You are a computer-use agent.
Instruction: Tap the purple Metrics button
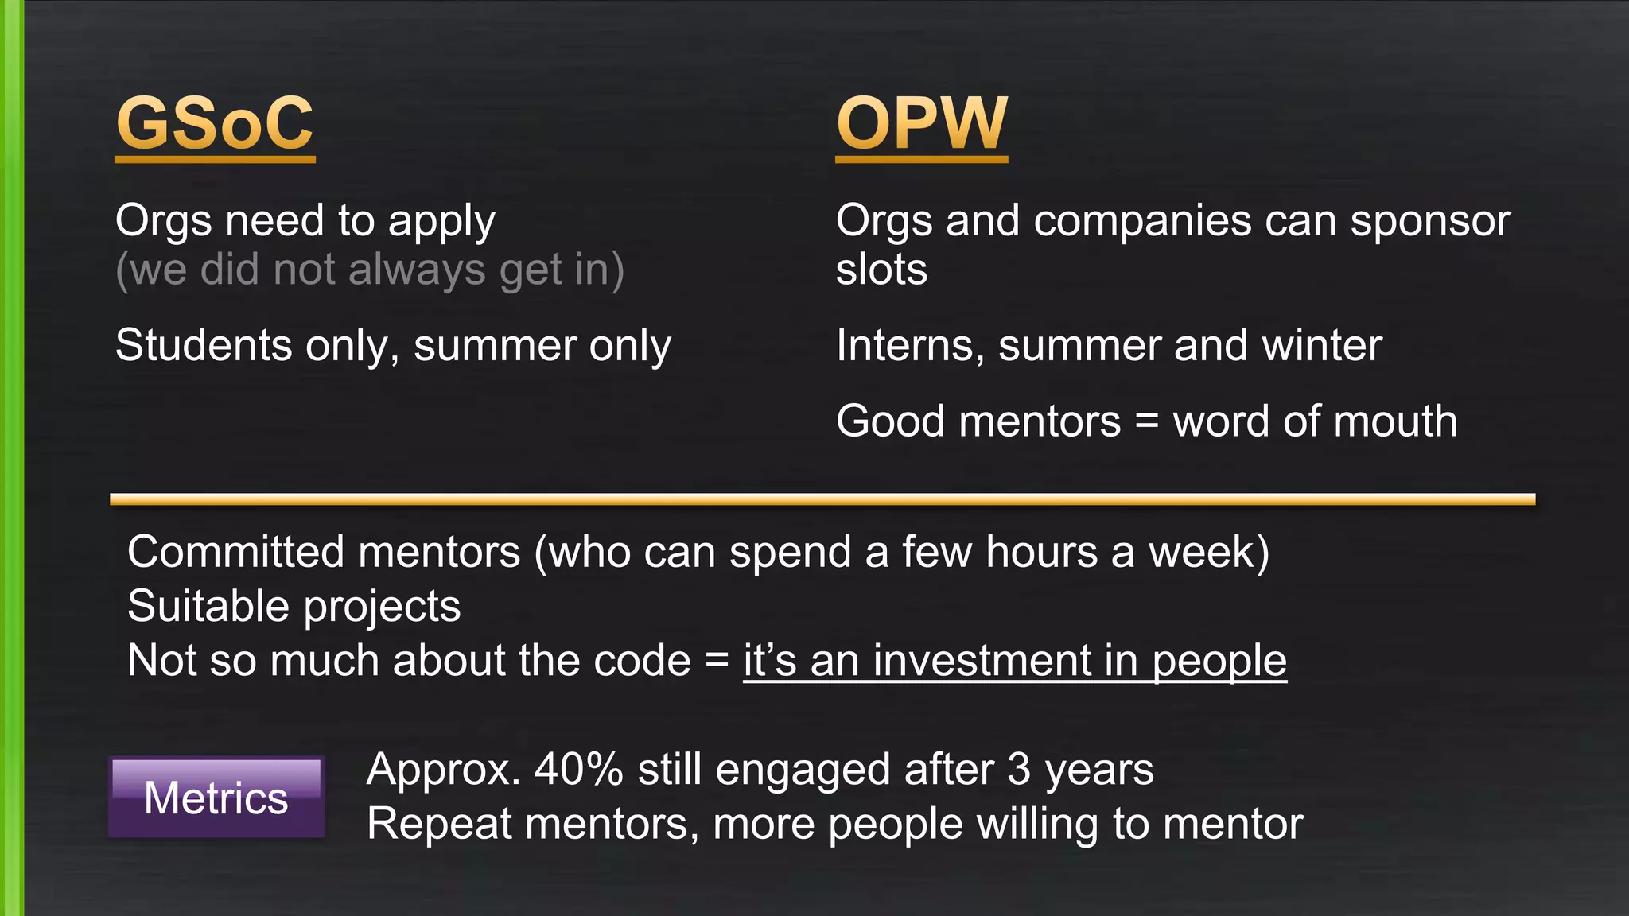(216, 798)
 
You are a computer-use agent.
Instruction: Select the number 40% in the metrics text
(578, 770)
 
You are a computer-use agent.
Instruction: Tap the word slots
(881, 270)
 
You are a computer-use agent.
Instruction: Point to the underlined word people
(1219, 661)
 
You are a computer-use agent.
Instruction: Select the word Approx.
(443, 770)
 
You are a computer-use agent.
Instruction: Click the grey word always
(417, 270)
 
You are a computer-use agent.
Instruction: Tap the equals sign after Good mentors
(1146, 421)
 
